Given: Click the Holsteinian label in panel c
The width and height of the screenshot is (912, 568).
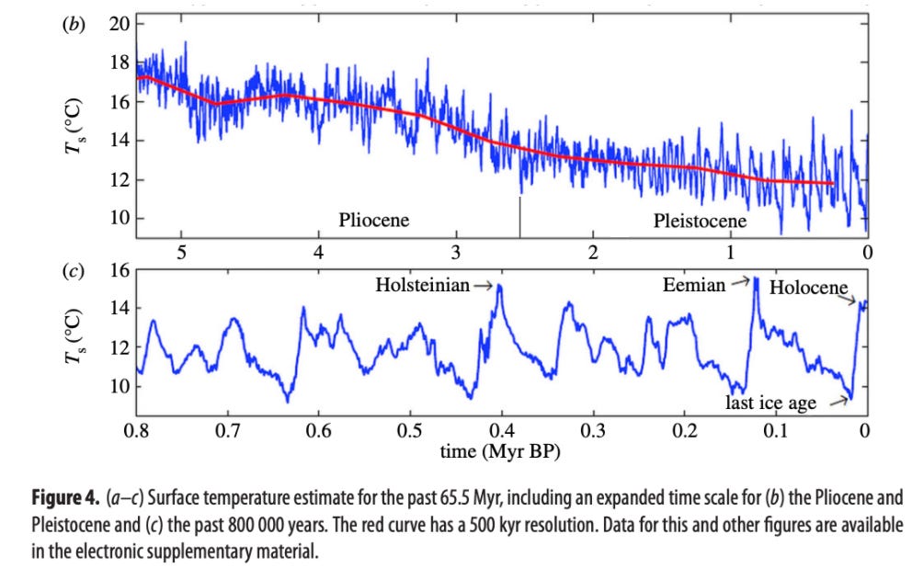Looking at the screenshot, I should (x=422, y=285).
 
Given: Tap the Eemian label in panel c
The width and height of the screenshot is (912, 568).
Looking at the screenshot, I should (x=694, y=285).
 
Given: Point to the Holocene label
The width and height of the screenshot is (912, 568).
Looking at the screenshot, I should (x=808, y=288).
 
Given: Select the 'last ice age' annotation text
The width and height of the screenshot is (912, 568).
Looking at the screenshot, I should (x=770, y=403).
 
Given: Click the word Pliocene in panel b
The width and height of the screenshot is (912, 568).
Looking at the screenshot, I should (x=373, y=221).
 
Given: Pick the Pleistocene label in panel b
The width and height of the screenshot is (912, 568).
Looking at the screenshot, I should (x=700, y=221).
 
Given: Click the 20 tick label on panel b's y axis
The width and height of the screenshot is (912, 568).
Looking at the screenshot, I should (x=120, y=24).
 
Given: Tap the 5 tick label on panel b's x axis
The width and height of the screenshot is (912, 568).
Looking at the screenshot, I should (x=182, y=251).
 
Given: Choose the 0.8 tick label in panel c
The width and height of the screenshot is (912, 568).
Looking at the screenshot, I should (x=138, y=429).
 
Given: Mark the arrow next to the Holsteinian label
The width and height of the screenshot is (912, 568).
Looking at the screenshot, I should (x=484, y=285).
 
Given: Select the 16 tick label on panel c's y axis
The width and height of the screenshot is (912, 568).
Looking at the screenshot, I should (x=120, y=272).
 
